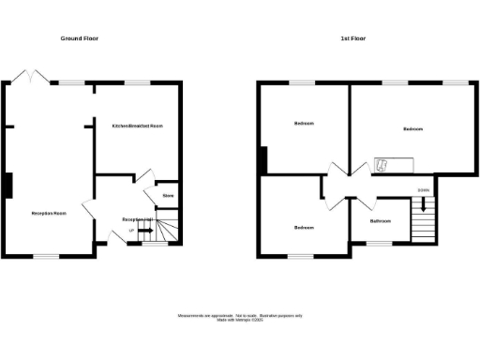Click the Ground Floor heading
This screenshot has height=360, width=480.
point(80,38)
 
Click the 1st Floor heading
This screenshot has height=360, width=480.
point(352,38)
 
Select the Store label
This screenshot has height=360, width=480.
point(168,195)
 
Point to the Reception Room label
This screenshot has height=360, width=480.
point(48,214)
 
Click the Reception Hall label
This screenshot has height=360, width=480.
point(137,219)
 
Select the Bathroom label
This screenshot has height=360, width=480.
point(380,221)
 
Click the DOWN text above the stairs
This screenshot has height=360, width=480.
point(424,190)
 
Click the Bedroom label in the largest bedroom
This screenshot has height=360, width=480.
point(413,128)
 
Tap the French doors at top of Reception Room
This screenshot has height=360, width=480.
point(35,77)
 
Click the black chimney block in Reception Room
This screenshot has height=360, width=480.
point(9,185)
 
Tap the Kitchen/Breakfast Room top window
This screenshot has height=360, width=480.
point(139,82)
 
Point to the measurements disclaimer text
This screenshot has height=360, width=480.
point(240,317)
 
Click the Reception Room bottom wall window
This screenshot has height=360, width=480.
point(48,256)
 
